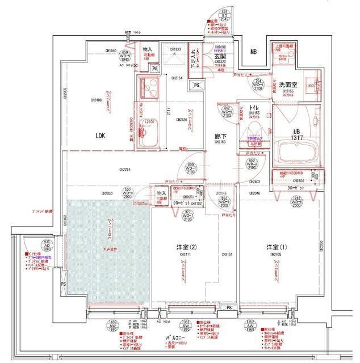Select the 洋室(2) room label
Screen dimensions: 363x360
[x=185, y=247]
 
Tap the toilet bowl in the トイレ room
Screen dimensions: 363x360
[x=253, y=133]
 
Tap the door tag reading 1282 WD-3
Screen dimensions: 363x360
[x=298, y=201]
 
